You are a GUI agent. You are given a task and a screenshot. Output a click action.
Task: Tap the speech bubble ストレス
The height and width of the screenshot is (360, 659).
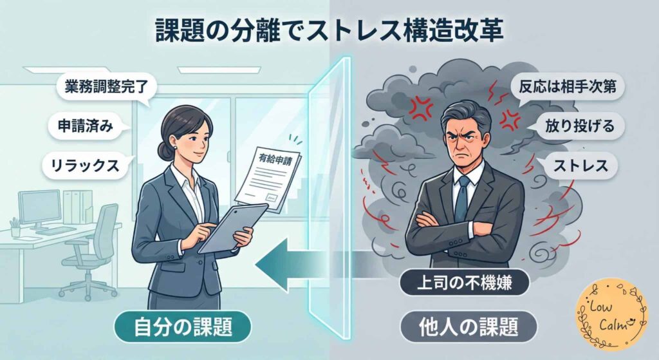582,166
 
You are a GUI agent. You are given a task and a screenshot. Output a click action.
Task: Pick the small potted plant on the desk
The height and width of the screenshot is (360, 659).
14,225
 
